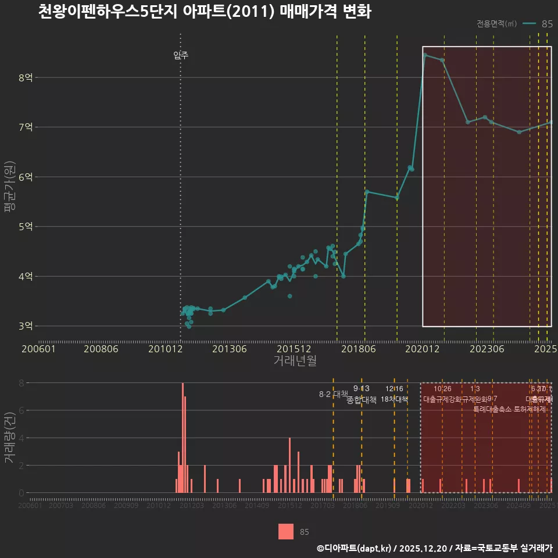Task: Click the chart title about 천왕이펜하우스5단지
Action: [x=204, y=12]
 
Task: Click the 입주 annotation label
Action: [x=181, y=56]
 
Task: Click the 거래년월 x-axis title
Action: [x=295, y=360]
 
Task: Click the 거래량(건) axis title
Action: [x=9, y=438]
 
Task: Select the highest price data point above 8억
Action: [x=425, y=55]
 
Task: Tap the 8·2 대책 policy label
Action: [x=333, y=394]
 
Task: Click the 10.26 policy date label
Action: [x=442, y=389]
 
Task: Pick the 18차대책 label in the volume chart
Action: [x=394, y=399]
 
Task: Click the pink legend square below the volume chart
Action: [x=286, y=531]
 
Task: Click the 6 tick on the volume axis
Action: [x=21, y=410]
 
